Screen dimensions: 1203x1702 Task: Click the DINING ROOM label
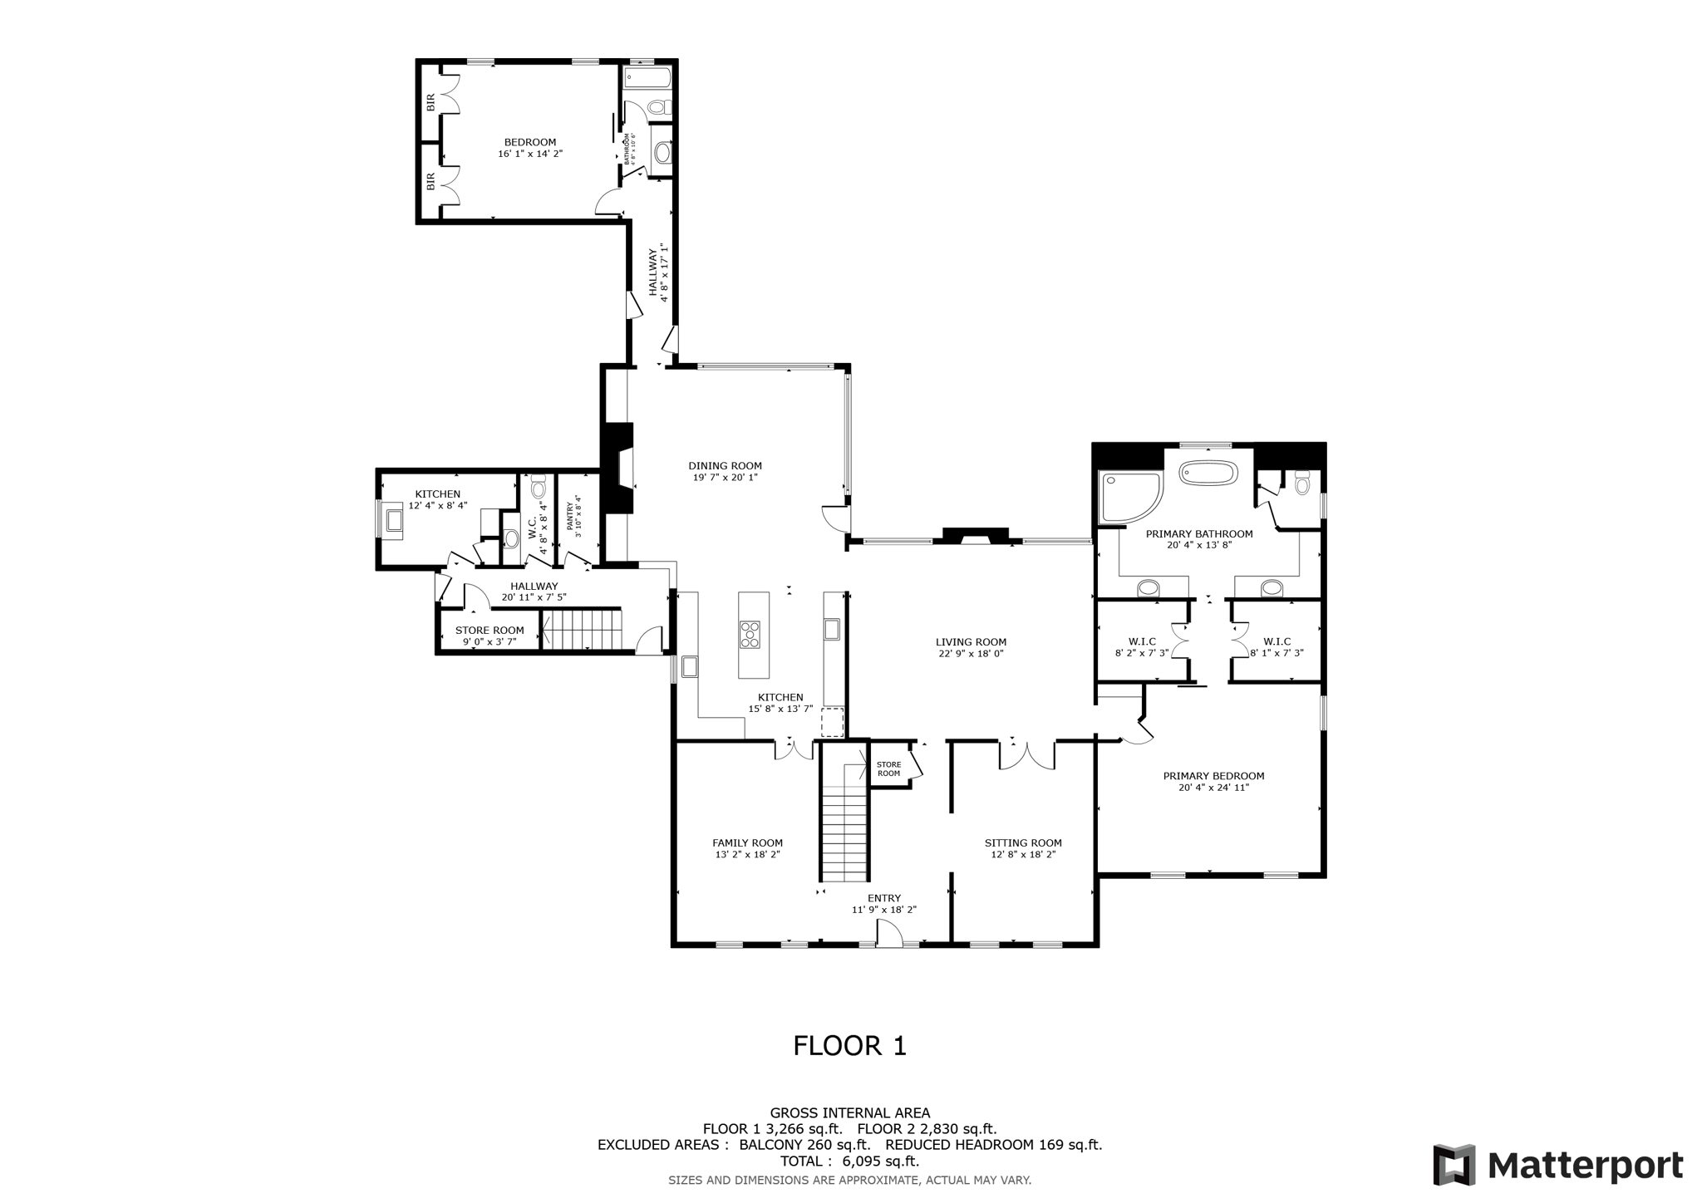point(725,466)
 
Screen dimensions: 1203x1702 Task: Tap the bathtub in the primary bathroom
point(1208,474)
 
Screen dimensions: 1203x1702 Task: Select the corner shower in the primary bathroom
point(1128,496)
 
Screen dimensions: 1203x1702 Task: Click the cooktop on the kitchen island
point(750,634)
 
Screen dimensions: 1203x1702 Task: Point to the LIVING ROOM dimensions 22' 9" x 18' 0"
point(971,654)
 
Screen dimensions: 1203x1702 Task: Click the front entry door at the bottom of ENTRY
point(889,936)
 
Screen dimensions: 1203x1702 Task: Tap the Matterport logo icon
point(1454,1165)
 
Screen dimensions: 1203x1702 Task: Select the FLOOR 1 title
point(849,1045)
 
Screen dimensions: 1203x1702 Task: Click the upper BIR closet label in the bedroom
point(430,103)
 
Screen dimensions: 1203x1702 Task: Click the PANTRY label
point(570,516)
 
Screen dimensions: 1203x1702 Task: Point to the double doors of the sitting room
point(1026,754)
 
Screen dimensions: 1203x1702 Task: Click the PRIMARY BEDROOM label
point(1213,776)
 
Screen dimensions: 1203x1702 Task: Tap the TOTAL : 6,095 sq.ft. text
point(849,1161)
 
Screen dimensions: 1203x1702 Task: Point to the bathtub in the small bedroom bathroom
point(647,80)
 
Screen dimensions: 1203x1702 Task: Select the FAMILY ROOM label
point(747,842)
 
